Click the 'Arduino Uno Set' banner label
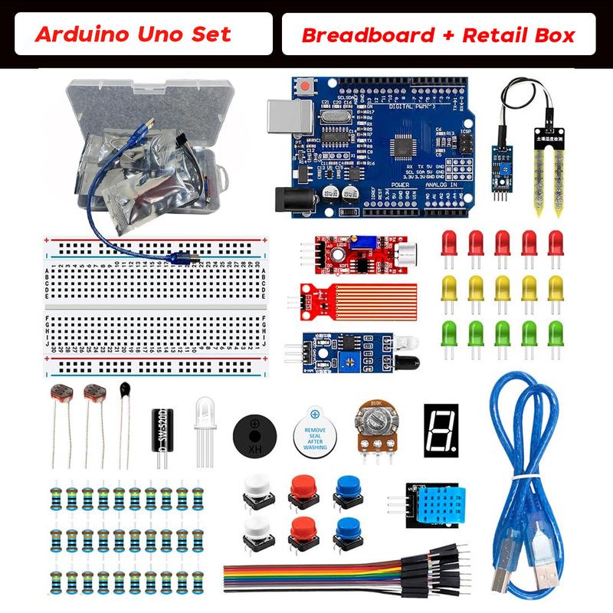[133, 34]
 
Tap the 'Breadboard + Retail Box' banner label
[438, 34]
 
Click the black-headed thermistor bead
[124, 392]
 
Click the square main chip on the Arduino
[404, 146]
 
